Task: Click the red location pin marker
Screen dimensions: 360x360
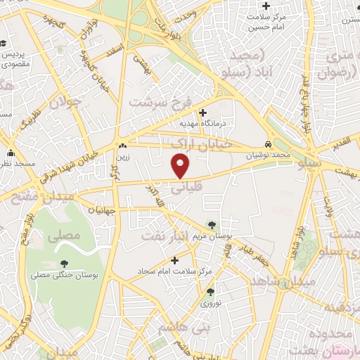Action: pyautogui.click(x=181, y=167)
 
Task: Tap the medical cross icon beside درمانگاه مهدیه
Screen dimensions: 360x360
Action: pyautogui.click(x=202, y=112)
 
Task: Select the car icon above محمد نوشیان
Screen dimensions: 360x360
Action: pyautogui.click(x=269, y=143)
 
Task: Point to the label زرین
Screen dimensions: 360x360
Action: pyautogui.click(x=123, y=156)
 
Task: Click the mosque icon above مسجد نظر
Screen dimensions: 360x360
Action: pyautogui.click(x=11, y=153)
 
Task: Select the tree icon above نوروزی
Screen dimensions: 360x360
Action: pyautogui.click(x=210, y=292)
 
